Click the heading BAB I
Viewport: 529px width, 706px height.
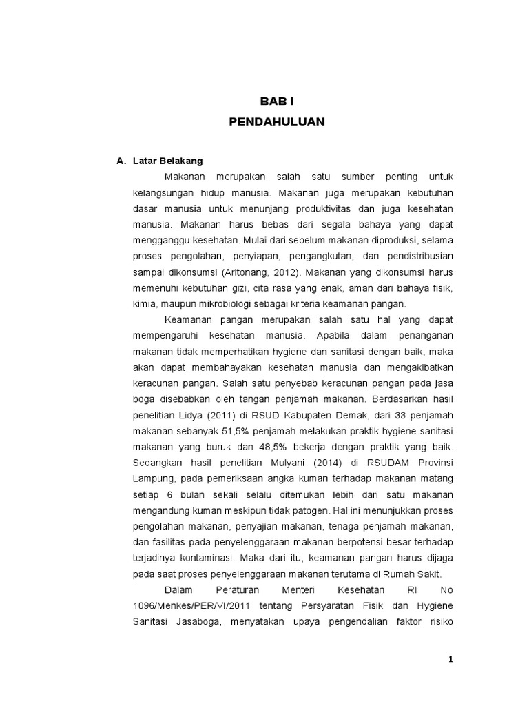(x=277, y=101)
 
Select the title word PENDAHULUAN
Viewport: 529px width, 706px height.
(x=277, y=122)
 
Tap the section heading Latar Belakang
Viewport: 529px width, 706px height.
(x=167, y=161)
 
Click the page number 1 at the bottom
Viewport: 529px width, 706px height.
(x=450, y=658)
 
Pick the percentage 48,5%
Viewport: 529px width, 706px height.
(x=253, y=447)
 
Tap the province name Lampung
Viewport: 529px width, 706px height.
(x=151, y=478)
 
